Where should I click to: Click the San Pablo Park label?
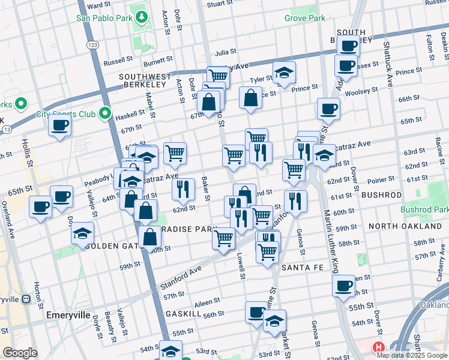104,18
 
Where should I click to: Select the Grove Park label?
305,18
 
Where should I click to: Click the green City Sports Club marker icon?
105,113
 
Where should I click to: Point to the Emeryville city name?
68,315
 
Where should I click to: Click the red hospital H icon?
378,347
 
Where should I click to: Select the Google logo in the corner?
20,353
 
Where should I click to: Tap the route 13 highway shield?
6,129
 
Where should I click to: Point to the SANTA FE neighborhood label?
303,266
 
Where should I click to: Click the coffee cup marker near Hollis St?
59,125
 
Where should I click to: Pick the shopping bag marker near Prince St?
250,97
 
